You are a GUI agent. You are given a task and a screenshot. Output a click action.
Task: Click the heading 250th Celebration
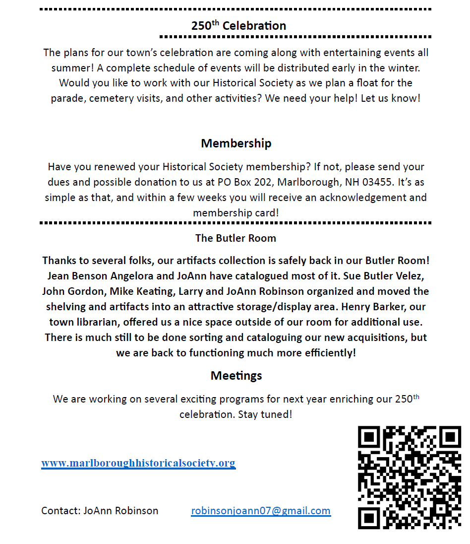(238, 26)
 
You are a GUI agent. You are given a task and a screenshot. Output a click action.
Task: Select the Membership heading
(236, 143)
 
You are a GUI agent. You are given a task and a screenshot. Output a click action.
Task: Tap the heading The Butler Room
(235, 238)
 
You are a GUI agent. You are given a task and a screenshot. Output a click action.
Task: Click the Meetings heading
(236, 376)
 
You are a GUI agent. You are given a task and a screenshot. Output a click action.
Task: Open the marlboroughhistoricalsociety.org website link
(138, 463)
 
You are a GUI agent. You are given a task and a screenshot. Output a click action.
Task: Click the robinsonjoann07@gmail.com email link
(261, 511)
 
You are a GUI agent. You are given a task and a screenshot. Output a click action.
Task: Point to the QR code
(409, 477)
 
